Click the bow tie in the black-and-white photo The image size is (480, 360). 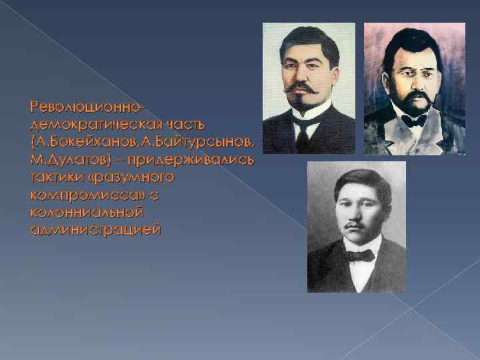[361, 255]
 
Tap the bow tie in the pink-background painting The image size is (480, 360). [414, 120]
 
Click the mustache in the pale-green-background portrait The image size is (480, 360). [303, 87]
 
